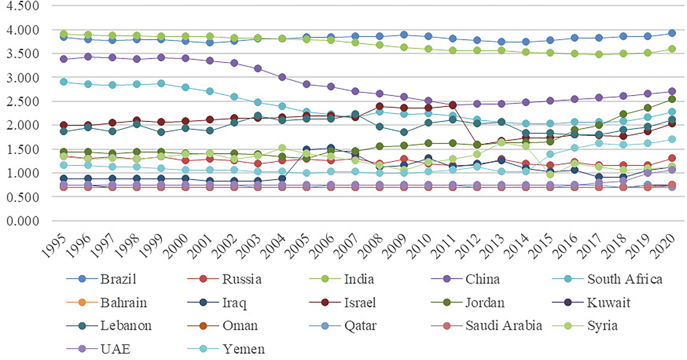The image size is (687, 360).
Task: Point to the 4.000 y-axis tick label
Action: point(22,30)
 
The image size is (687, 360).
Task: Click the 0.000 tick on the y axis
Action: point(22,221)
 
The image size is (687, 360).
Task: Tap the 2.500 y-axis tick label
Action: point(22,101)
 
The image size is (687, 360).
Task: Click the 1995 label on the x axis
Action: point(54,247)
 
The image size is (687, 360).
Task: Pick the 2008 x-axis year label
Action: point(371,247)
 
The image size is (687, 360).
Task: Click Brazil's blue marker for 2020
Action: point(672,33)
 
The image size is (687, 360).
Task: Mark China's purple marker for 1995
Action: point(63,59)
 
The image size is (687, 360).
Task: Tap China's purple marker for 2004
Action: point(282,77)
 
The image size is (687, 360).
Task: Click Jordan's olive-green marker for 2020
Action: point(672,99)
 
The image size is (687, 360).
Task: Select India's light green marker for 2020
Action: point(672,49)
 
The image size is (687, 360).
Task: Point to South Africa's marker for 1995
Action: point(63,82)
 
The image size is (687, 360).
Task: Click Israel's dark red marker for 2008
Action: point(380,106)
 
